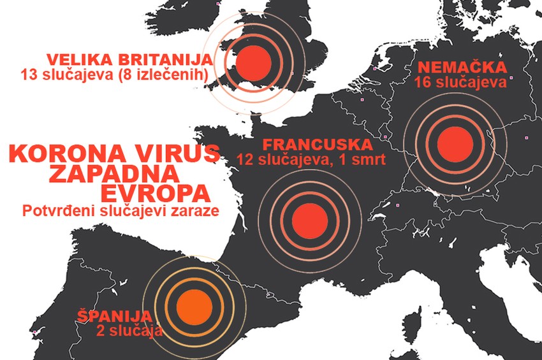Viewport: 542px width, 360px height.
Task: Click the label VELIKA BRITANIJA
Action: [129, 61]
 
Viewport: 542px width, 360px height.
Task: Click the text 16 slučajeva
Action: [460, 82]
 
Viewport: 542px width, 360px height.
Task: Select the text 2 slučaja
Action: [130, 331]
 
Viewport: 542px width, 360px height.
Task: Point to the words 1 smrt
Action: [364, 159]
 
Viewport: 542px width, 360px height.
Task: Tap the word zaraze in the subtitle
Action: [194, 211]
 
